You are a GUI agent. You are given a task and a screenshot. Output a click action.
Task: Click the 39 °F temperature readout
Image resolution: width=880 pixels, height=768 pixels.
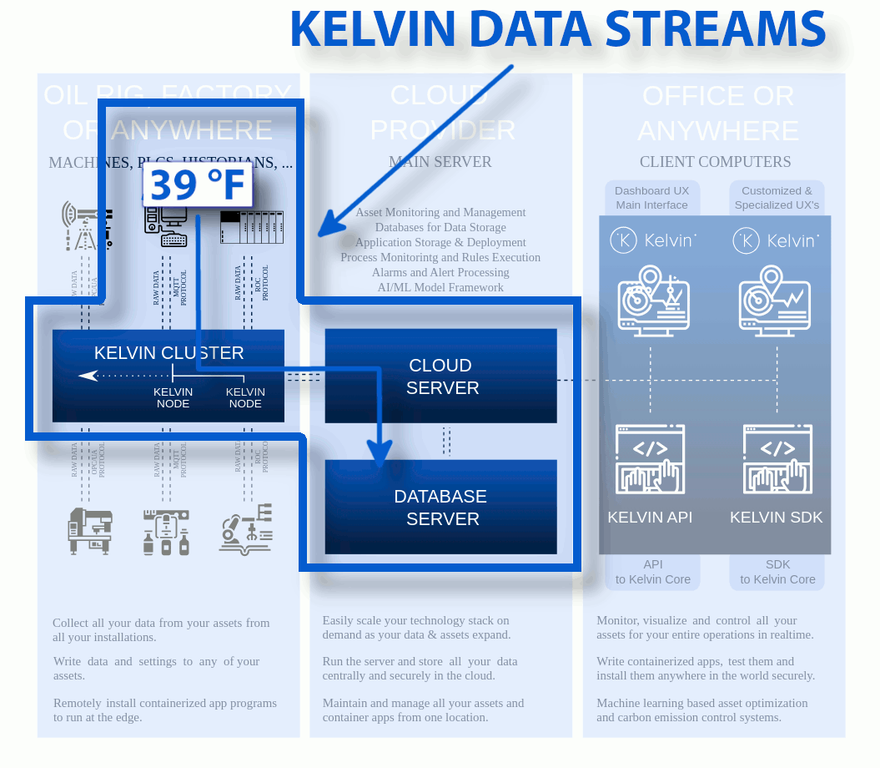tap(198, 184)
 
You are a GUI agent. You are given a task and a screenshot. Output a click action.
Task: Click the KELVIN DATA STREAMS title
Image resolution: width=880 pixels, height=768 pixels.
tap(557, 29)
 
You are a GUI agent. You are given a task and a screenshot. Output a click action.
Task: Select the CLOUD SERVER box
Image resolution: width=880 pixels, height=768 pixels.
tap(441, 376)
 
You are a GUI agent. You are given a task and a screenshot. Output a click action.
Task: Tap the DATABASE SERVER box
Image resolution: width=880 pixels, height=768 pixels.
tap(441, 507)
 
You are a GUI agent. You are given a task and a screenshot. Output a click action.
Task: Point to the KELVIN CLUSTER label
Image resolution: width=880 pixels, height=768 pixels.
tap(168, 353)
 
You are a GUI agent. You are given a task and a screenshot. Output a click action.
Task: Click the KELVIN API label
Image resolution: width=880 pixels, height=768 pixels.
tap(650, 518)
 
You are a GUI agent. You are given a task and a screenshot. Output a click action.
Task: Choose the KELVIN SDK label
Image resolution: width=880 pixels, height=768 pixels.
tap(776, 518)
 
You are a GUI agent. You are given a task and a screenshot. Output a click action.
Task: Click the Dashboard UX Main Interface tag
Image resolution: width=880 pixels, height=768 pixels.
tap(652, 198)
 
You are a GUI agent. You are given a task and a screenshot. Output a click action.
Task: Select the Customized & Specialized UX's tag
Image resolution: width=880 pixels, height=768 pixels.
tap(777, 198)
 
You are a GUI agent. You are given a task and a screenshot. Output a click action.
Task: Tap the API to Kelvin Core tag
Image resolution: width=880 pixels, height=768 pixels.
tap(652, 572)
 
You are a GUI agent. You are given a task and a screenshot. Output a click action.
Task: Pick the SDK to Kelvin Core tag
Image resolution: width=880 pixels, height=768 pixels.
tap(777, 572)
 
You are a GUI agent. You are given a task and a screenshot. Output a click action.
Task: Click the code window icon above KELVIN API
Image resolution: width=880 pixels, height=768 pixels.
tap(650, 459)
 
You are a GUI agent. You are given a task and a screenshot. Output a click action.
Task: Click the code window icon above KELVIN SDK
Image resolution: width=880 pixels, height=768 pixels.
tap(777, 459)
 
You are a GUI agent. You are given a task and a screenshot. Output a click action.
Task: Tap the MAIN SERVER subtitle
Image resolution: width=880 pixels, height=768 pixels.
tap(440, 162)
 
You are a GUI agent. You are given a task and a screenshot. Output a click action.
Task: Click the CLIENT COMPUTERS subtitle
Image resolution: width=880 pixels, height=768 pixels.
tap(715, 162)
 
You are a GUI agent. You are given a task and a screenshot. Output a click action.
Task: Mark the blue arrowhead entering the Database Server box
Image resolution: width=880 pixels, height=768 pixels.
tap(380, 455)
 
